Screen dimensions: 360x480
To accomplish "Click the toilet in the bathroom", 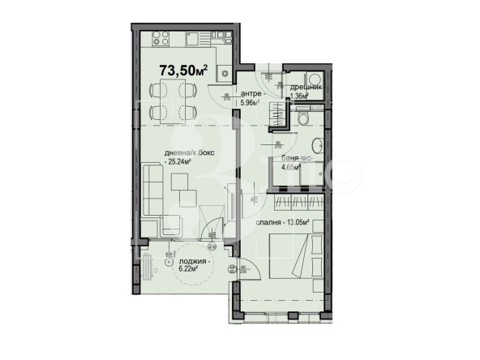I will (302, 118).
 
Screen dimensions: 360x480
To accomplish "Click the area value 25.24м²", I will (182, 162).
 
